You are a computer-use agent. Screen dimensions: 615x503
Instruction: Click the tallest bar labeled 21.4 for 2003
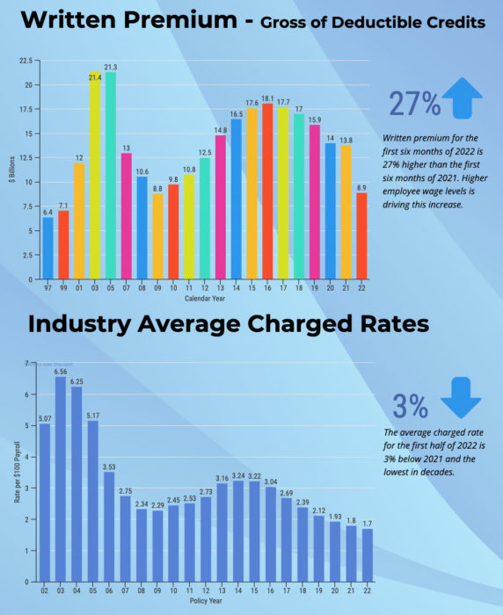[94, 176]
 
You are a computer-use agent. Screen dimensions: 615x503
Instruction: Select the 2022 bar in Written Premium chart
[361, 235]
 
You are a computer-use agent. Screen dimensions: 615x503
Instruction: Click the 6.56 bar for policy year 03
[60, 480]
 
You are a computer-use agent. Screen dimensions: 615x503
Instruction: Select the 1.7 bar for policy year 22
[367, 555]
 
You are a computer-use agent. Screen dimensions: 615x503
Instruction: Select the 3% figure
[410, 405]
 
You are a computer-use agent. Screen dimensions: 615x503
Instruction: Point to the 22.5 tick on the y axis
[25, 61]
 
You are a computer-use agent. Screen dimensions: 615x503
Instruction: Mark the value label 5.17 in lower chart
[92, 415]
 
